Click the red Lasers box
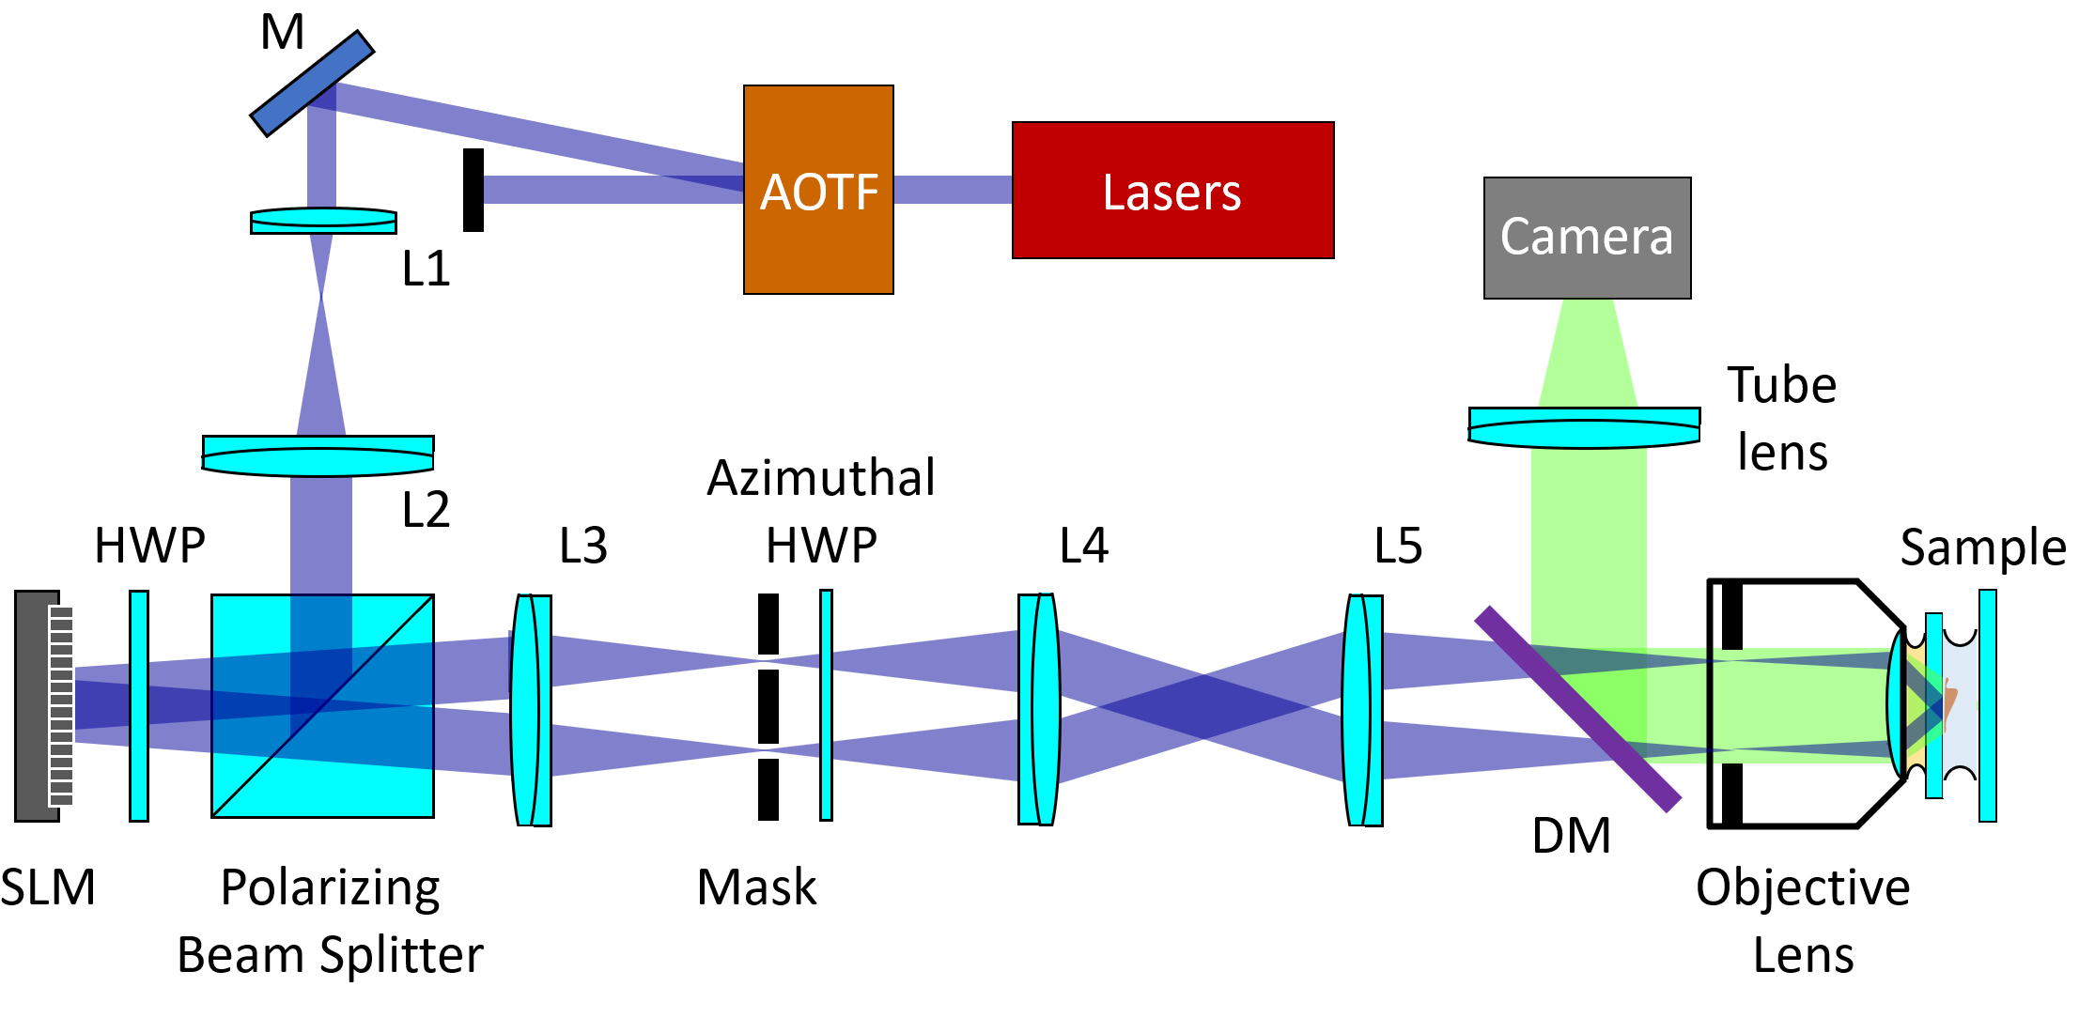point(1172,190)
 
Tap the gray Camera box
point(1587,238)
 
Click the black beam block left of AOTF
point(473,190)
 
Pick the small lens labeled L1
point(323,221)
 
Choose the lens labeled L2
point(318,455)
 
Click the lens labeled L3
point(532,710)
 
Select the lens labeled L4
point(1038,710)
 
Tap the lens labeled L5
point(1363,710)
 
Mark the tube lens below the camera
point(1584,427)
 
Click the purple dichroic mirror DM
point(1578,709)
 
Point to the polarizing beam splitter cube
point(322,706)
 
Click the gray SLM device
point(38,706)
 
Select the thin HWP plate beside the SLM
point(139,706)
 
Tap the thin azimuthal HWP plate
point(826,705)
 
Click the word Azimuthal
point(821,478)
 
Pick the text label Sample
point(1982,547)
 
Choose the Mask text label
point(756,887)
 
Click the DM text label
point(1571,836)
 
